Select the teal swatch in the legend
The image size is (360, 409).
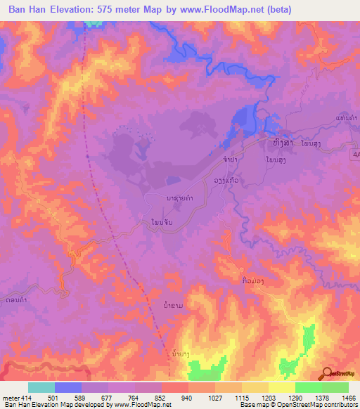coord(41,387)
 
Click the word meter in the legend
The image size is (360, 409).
coord(10,397)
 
